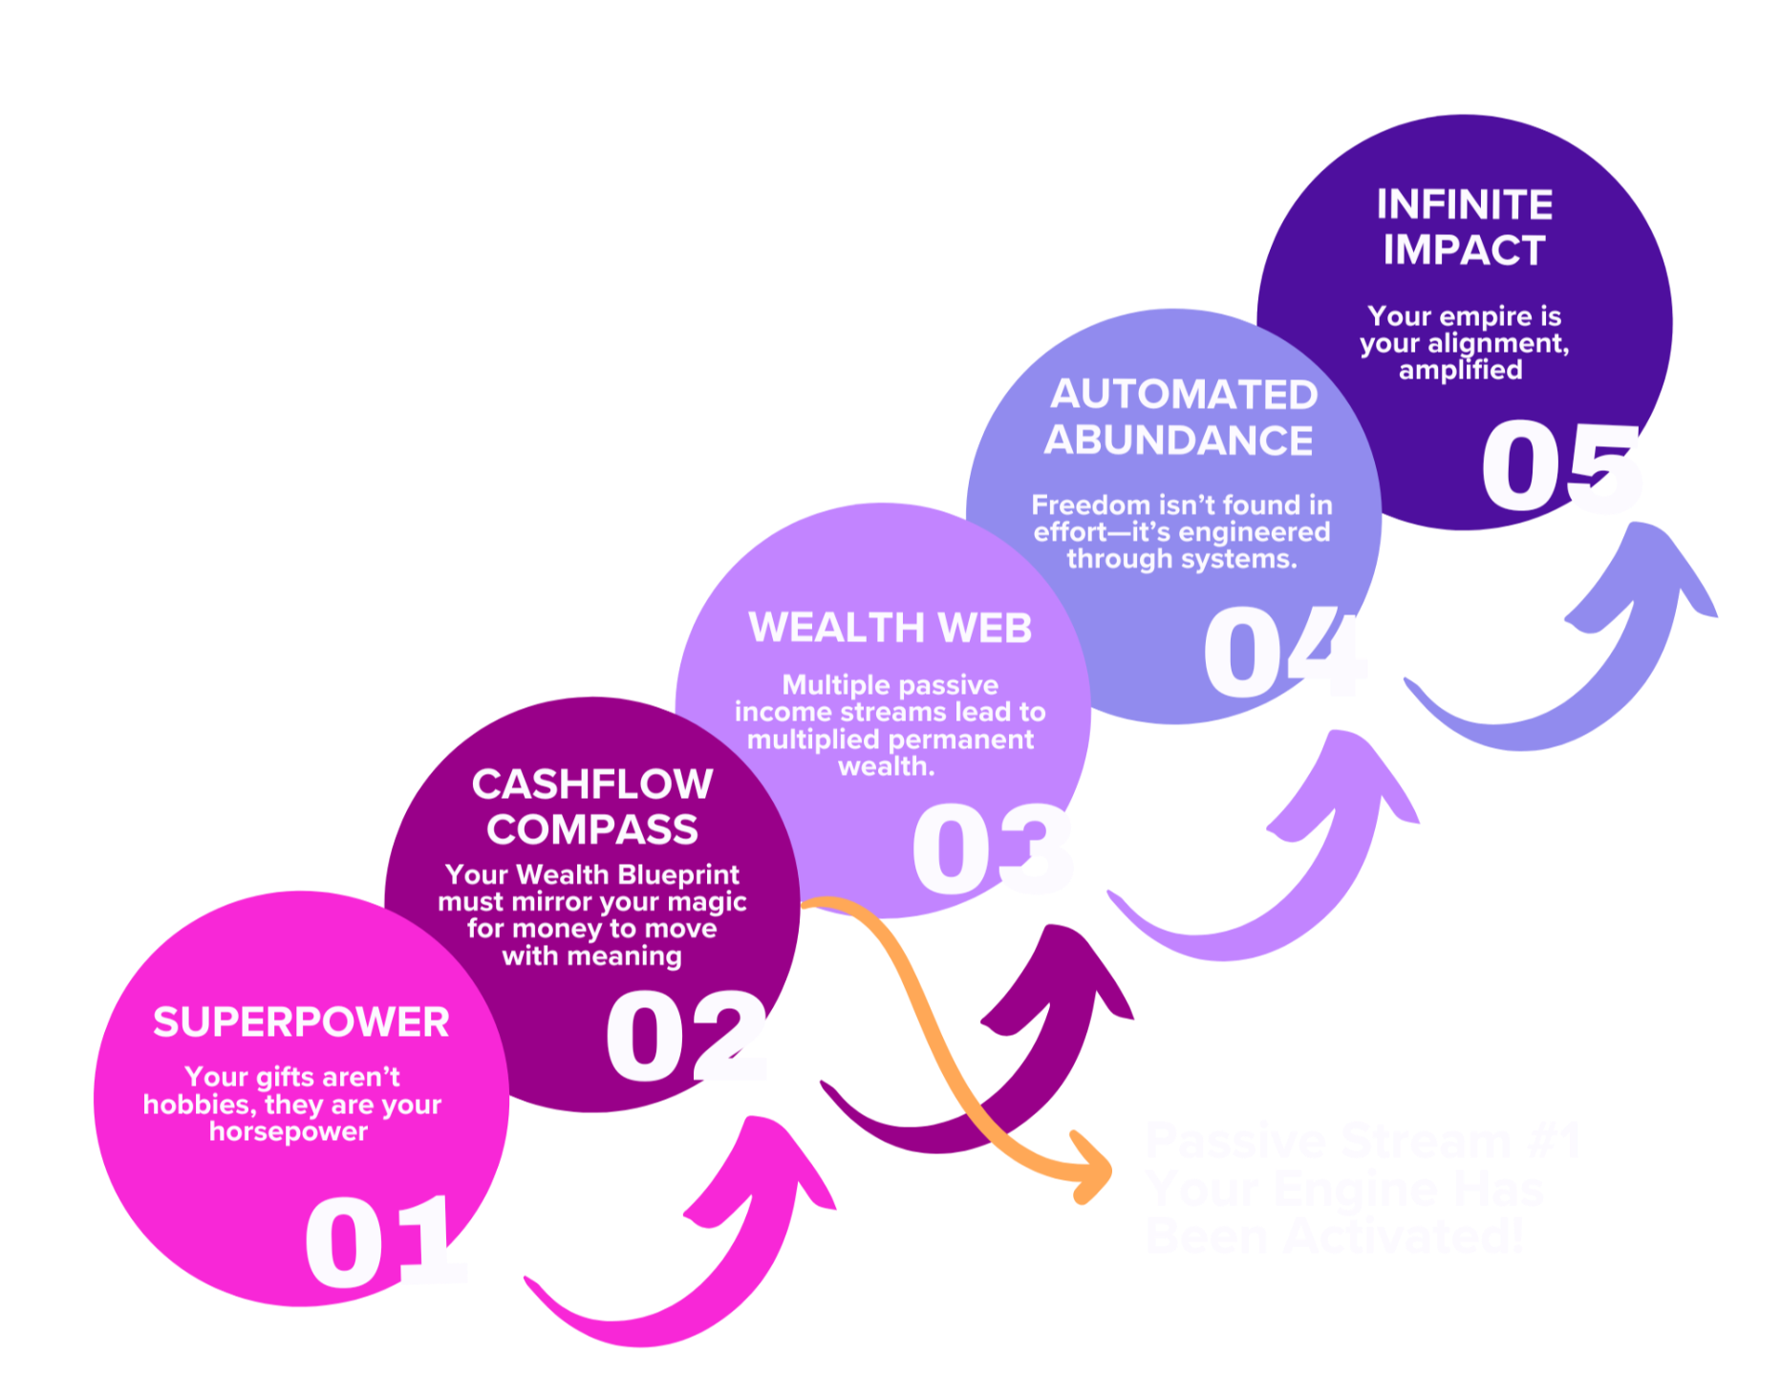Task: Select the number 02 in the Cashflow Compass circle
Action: pyautogui.click(x=687, y=1036)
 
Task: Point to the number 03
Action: pyautogui.click(x=994, y=849)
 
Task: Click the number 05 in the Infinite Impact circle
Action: pyautogui.click(x=1561, y=467)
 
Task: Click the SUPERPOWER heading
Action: pyautogui.click(x=301, y=1022)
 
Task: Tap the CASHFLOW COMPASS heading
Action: pyautogui.click(x=592, y=807)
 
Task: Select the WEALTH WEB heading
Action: pyautogui.click(x=890, y=628)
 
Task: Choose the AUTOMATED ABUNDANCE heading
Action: pyautogui.click(x=1182, y=418)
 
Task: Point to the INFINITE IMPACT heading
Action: pyautogui.click(x=1464, y=227)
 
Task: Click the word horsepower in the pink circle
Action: pyautogui.click(x=289, y=1131)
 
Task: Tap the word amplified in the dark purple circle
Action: pyautogui.click(x=1460, y=370)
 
